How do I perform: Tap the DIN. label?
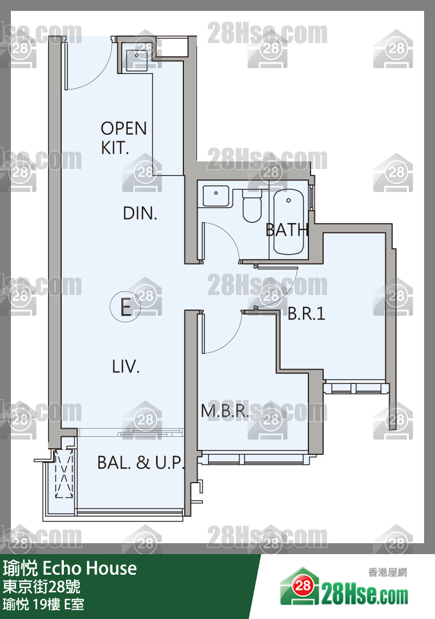coord(140,214)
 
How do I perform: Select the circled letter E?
coord(125,307)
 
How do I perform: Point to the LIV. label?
coord(126,366)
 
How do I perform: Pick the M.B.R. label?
coord(225,411)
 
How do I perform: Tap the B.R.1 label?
coord(307,314)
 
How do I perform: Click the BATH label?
coord(287,230)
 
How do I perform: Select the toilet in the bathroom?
coord(252,206)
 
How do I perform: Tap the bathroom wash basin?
coord(216,196)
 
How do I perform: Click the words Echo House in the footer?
coord(90,568)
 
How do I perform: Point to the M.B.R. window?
coord(251,459)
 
